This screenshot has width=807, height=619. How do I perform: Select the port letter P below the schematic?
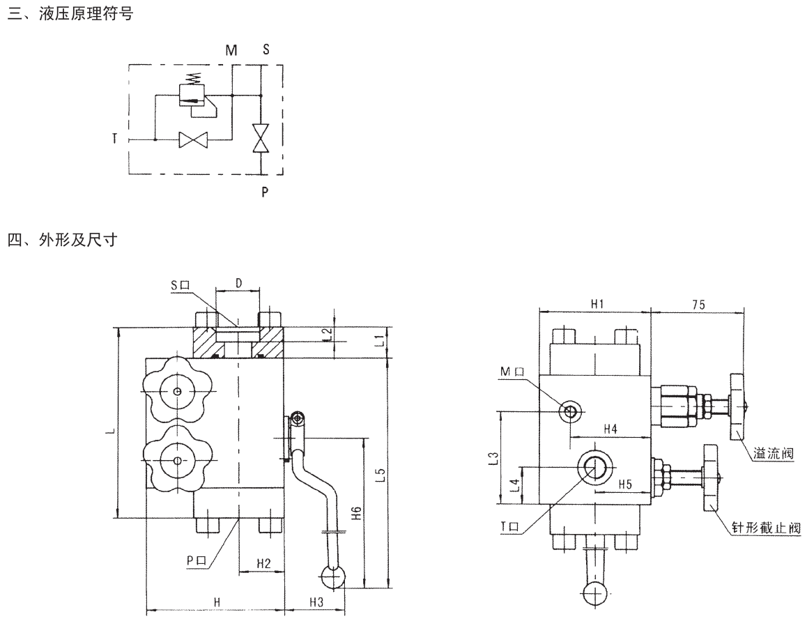pyautogui.click(x=264, y=191)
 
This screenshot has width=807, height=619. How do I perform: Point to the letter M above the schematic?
pyautogui.click(x=231, y=50)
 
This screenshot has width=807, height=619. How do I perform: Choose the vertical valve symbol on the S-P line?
pyautogui.click(x=261, y=138)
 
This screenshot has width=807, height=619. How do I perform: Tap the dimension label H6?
pyautogui.click(x=355, y=514)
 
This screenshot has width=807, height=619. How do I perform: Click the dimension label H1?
pyautogui.click(x=597, y=304)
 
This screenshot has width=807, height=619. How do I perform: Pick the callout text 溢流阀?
pyautogui.click(x=774, y=454)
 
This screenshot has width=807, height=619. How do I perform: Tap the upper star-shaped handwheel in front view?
pyautogui.click(x=178, y=392)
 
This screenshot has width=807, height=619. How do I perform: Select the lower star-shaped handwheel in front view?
pyautogui.click(x=178, y=460)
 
